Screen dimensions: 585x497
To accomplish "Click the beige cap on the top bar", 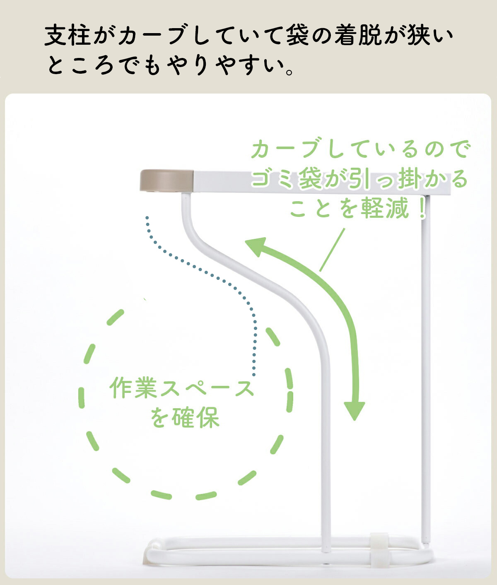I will coord(166,181).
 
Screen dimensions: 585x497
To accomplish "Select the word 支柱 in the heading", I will coord(68,36).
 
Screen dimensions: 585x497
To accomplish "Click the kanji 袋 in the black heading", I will coord(297,36).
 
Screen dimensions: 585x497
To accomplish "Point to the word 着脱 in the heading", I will coord(358,36).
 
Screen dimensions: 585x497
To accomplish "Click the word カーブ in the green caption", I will coord(286,149).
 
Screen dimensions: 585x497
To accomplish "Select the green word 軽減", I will coord(385,208).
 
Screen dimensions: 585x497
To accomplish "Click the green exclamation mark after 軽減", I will coord(422,208).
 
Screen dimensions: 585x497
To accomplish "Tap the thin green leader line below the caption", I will coord(332,250).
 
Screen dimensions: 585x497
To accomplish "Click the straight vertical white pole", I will coord(426,373).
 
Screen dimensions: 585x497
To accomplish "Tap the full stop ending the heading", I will coord(290,71).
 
